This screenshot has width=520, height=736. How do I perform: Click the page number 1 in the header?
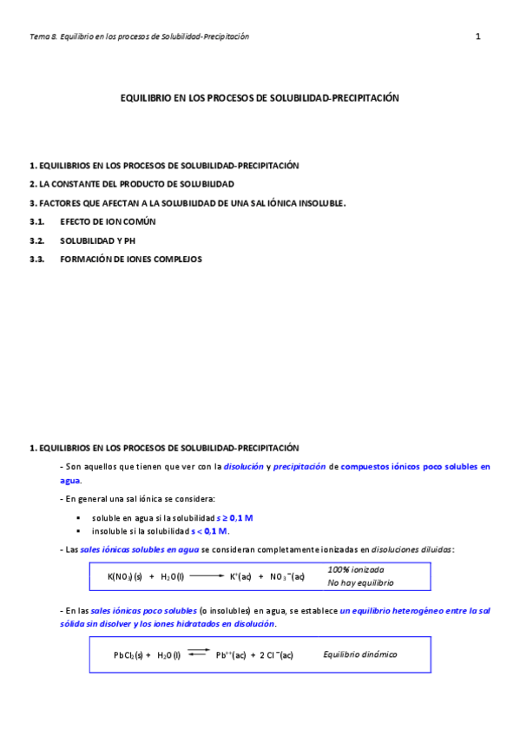[477, 36]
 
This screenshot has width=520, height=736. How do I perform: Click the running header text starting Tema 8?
[139, 36]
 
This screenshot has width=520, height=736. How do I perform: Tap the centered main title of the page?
[259, 99]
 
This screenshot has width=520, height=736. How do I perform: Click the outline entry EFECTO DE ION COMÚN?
[108, 221]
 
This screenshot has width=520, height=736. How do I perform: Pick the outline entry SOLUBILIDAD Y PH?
[98, 240]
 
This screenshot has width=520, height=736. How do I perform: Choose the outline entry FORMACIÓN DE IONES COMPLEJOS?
[130, 259]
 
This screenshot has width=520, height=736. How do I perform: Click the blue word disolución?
[244, 467]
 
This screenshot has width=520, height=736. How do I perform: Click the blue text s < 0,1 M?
[210, 531]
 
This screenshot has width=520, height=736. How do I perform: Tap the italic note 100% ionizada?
[356, 569]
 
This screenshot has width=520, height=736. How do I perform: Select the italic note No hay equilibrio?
[360, 583]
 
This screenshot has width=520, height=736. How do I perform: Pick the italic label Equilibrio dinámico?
[360, 654]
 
